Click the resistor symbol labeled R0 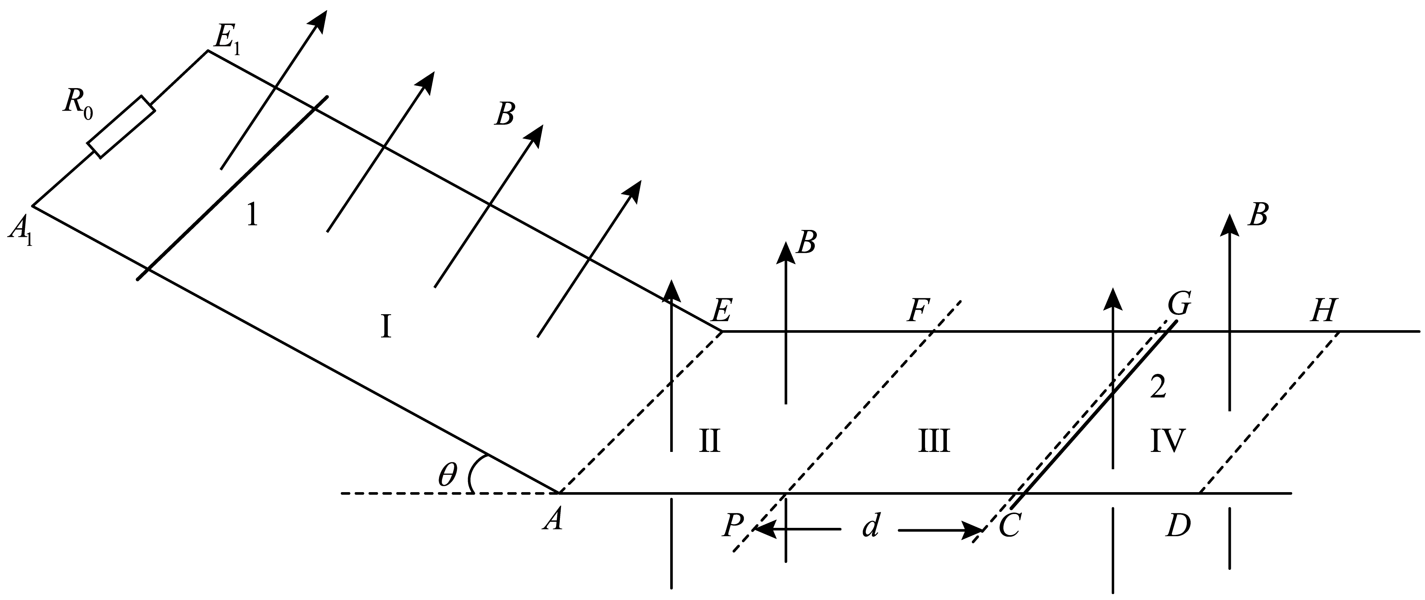pyautogui.click(x=122, y=127)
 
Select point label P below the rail pyautogui.click(x=733, y=526)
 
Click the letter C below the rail pyautogui.click(x=1009, y=526)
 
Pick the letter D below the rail pyautogui.click(x=1178, y=526)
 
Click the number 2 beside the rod pyautogui.click(x=1158, y=387)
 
